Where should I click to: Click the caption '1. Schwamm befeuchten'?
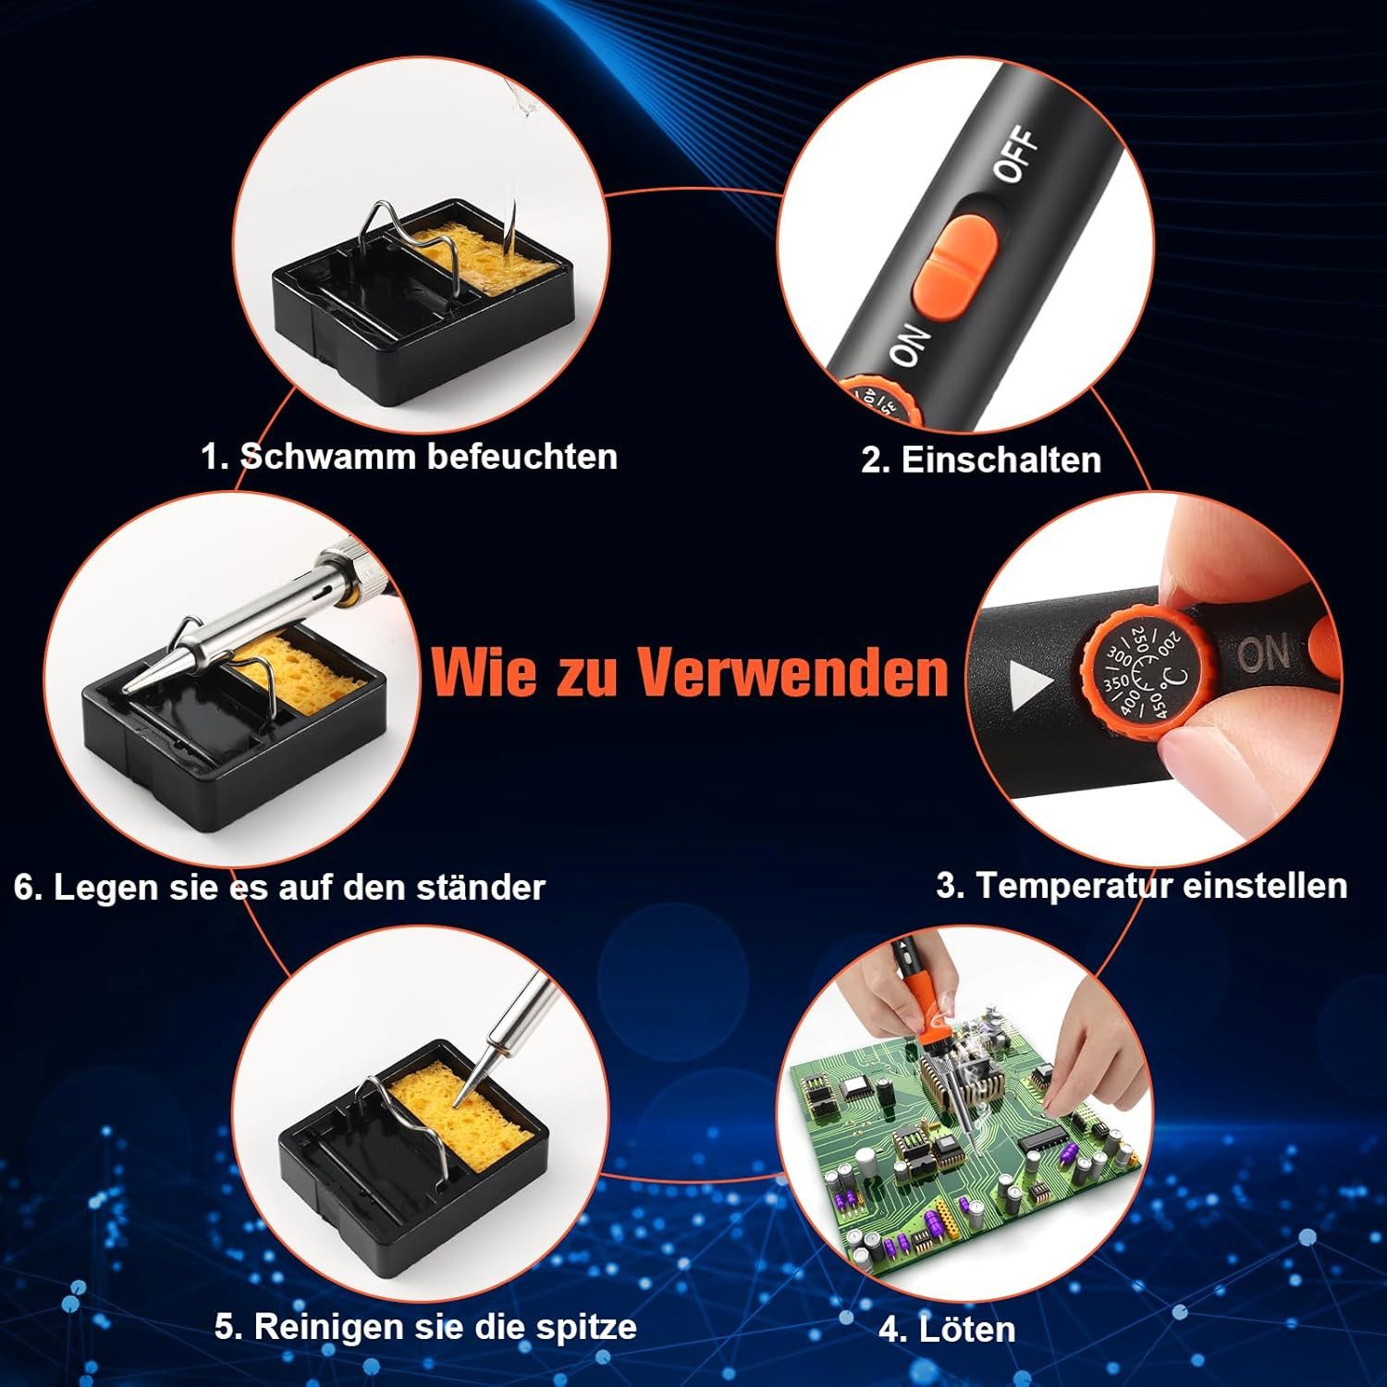pos(409,457)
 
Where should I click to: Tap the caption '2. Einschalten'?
pos(980,460)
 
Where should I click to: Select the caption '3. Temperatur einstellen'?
pos(1141,885)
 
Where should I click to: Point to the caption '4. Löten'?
pos(946,1330)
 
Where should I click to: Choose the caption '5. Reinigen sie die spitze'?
pos(425,1326)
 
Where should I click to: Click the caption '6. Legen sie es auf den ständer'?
pos(279,888)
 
